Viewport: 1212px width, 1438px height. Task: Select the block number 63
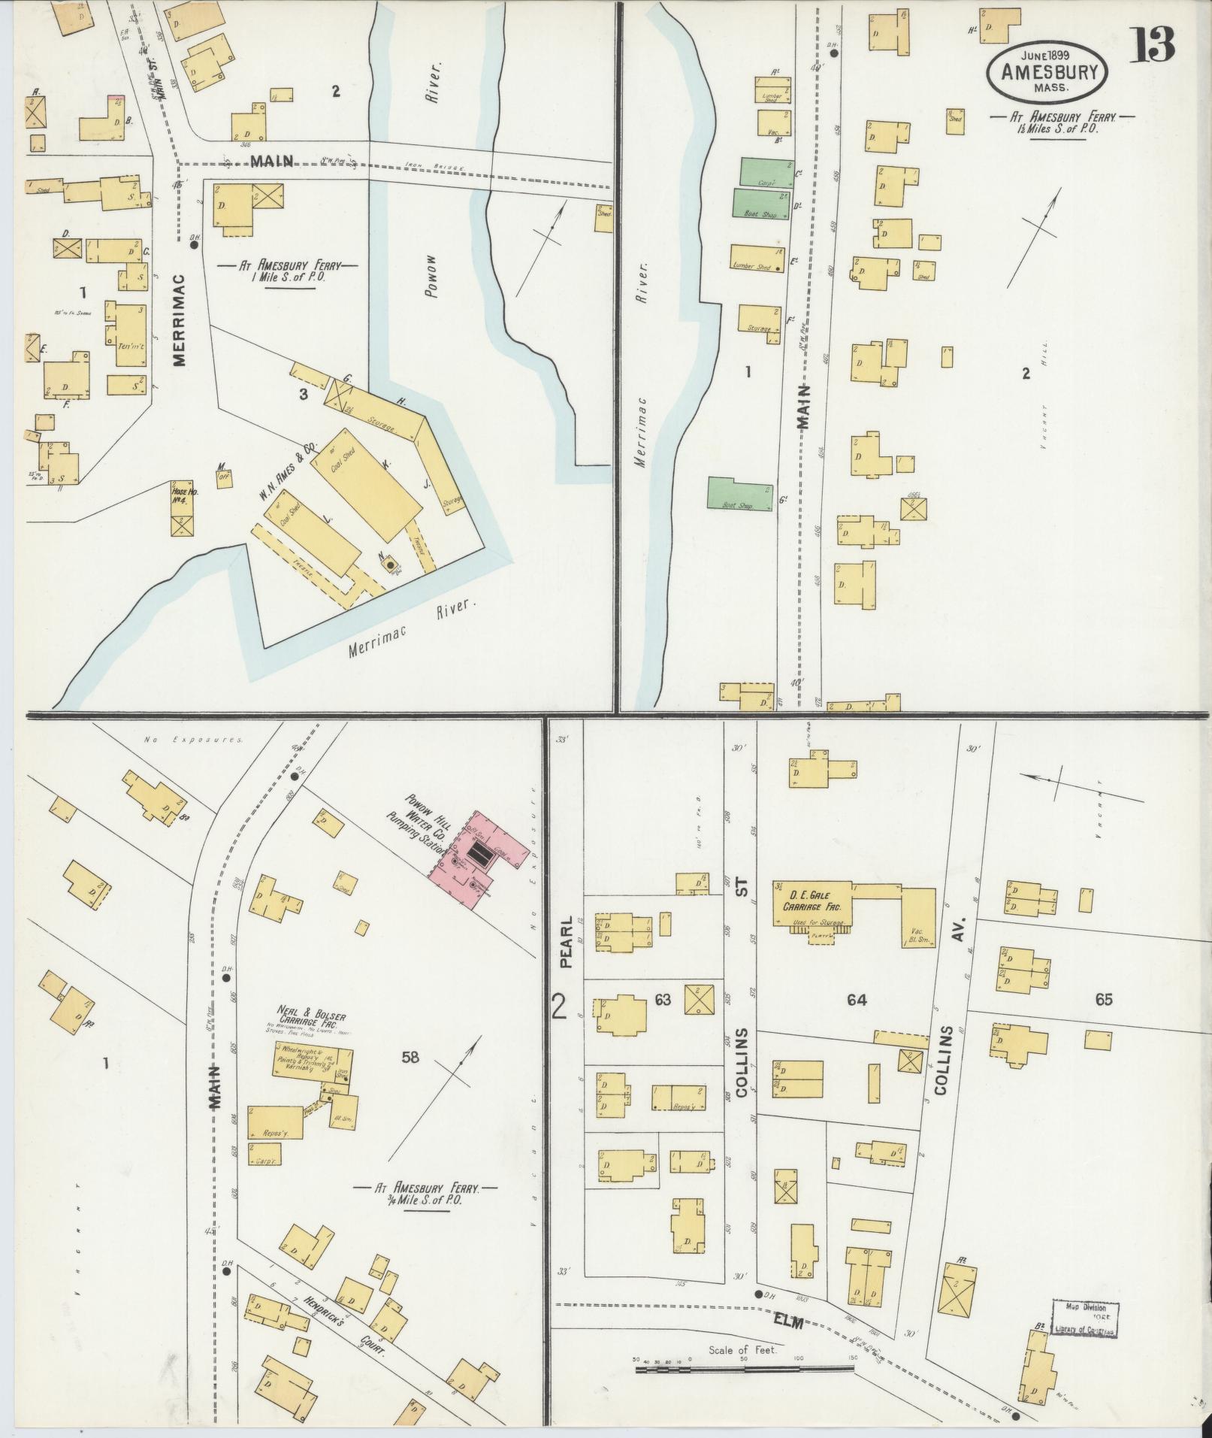tap(662, 1000)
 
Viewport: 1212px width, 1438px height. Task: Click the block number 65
tap(1103, 1000)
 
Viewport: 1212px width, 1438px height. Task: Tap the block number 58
tap(410, 1058)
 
